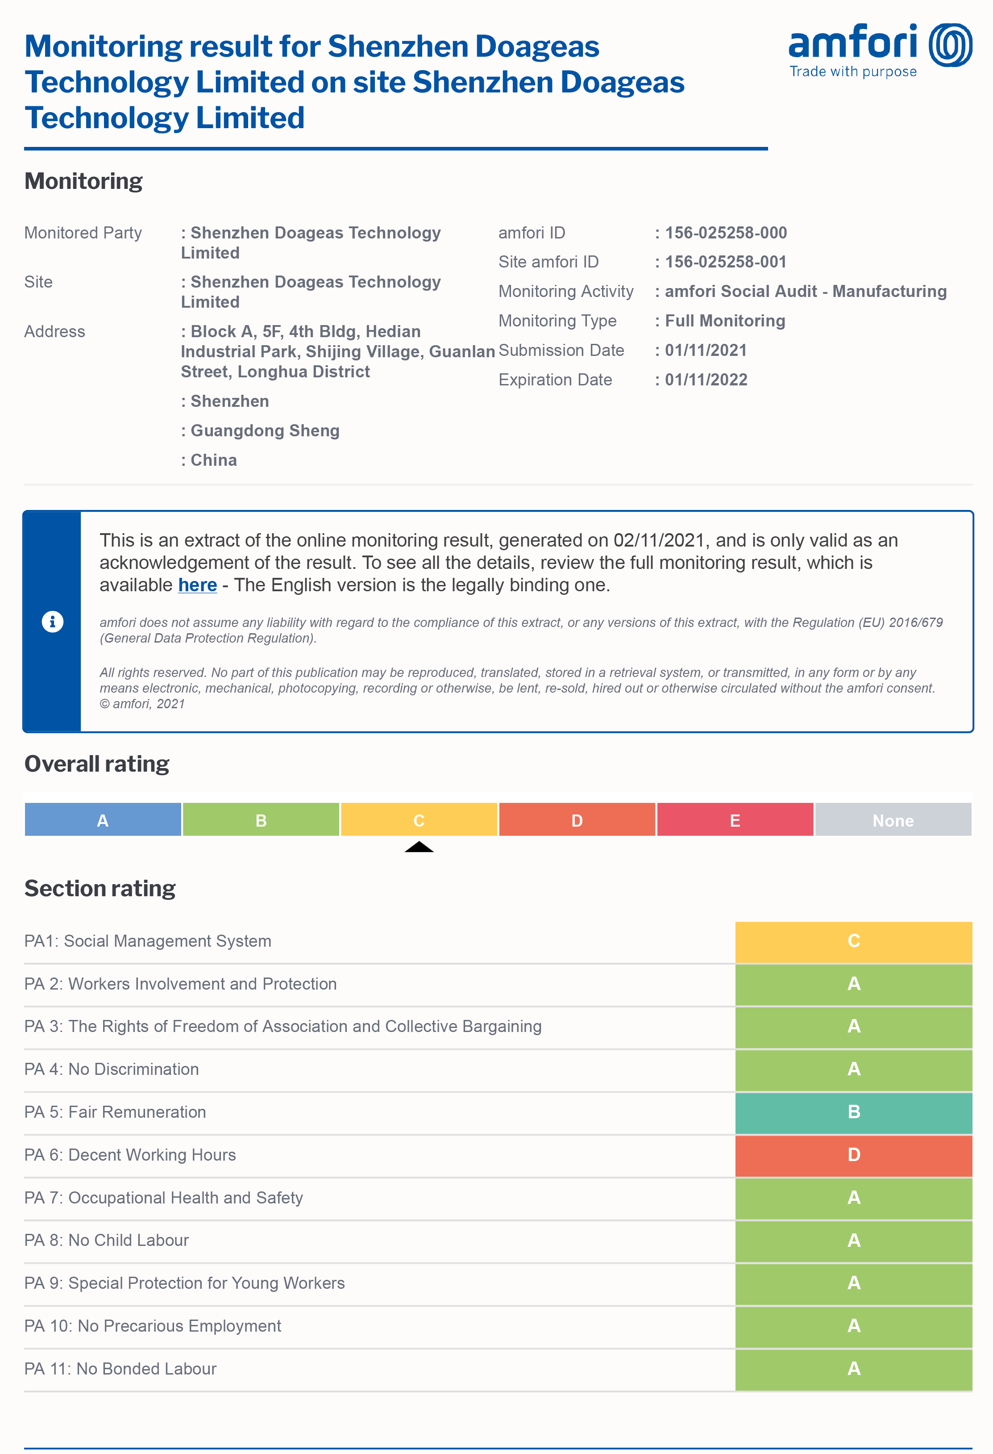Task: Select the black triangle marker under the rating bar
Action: (x=419, y=847)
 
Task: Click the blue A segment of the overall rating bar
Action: (x=103, y=820)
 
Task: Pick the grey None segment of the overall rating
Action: (x=893, y=820)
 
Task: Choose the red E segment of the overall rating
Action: (x=735, y=820)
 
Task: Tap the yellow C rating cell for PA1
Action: (x=854, y=941)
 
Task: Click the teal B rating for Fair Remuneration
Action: (x=854, y=1112)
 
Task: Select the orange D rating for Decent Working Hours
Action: (x=854, y=1155)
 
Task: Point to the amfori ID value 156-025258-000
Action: (x=725, y=233)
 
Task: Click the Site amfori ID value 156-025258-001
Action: (x=725, y=262)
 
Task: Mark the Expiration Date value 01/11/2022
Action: (x=706, y=380)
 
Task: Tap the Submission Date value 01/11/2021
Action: (x=706, y=351)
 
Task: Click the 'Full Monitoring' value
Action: (x=725, y=321)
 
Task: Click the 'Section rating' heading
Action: (x=100, y=888)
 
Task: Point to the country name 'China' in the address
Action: (x=213, y=460)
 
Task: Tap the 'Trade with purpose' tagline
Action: (x=853, y=72)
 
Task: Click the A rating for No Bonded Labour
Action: (x=854, y=1369)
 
